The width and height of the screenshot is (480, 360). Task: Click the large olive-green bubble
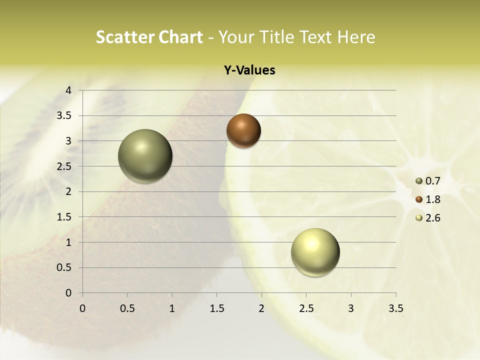click(x=145, y=156)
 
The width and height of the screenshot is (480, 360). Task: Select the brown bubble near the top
click(x=243, y=130)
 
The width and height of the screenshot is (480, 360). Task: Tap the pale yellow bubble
click(x=315, y=252)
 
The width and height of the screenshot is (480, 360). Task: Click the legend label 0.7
click(x=433, y=181)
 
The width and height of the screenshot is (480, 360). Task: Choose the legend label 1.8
click(x=433, y=199)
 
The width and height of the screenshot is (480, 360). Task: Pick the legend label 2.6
click(x=433, y=218)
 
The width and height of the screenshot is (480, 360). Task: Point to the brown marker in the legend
click(x=419, y=199)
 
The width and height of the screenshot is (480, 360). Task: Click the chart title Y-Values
click(x=249, y=70)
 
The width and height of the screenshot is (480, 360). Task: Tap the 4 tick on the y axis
click(x=69, y=90)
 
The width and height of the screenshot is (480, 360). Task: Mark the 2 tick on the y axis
click(x=69, y=191)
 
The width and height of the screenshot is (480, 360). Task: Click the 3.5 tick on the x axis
click(x=395, y=308)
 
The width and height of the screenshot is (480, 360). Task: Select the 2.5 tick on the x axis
click(x=306, y=308)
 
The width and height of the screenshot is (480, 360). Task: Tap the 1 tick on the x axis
click(x=172, y=308)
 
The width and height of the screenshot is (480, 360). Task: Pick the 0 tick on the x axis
click(x=82, y=308)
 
